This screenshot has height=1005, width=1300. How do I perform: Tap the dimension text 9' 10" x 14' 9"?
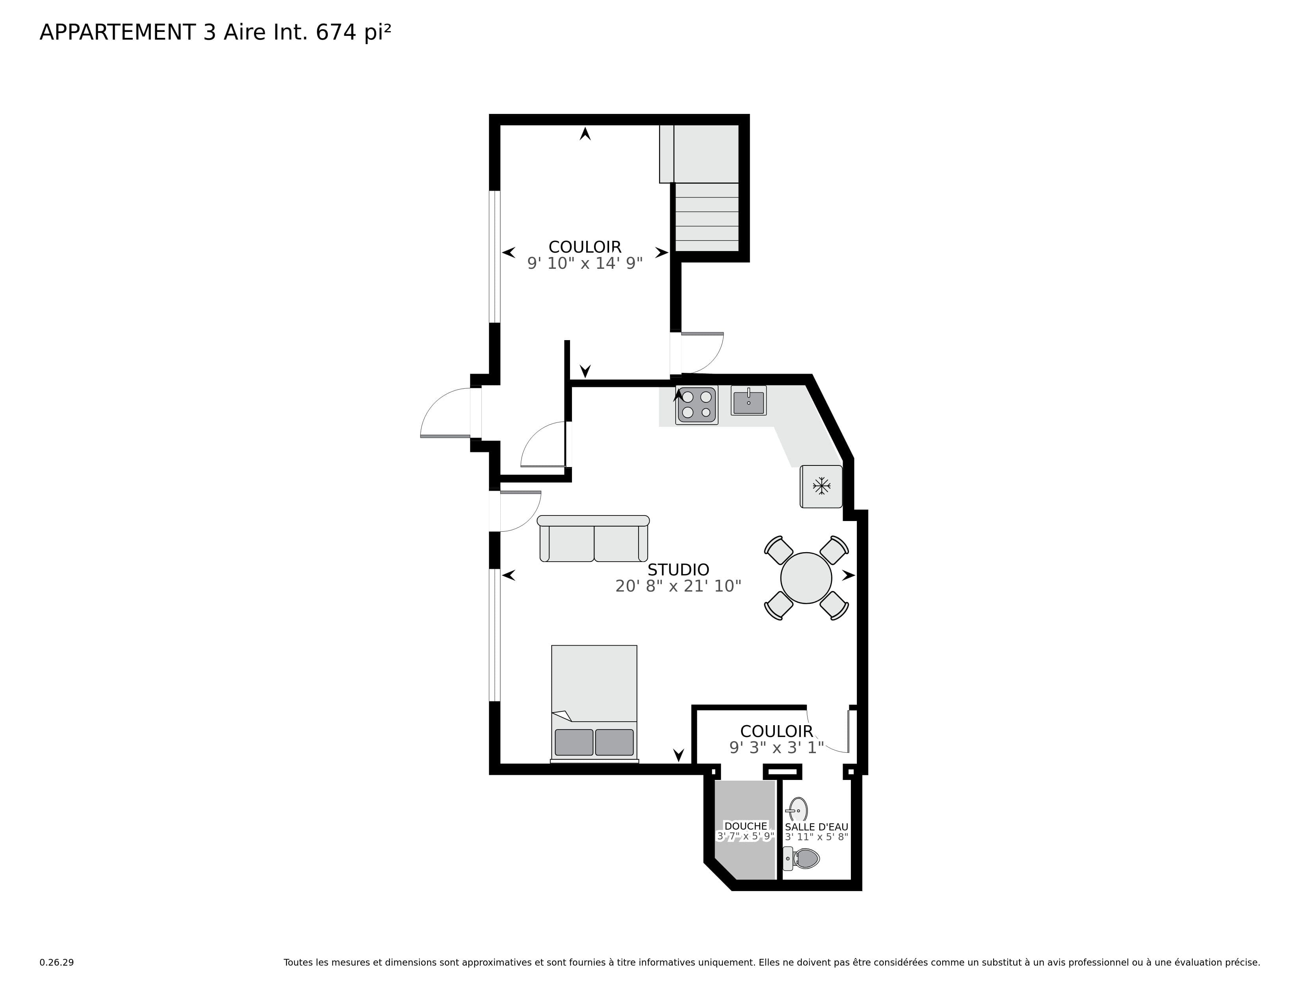[x=585, y=263]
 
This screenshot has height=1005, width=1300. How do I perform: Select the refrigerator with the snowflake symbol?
[x=821, y=486]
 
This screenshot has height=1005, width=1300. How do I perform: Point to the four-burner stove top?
[x=696, y=405]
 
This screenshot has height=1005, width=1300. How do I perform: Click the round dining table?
[x=806, y=578]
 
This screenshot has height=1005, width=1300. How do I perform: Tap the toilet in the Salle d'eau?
[x=804, y=858]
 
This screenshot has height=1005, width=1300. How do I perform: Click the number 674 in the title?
[x=336, y=33]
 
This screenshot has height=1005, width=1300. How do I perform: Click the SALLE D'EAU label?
[x=816, y=827]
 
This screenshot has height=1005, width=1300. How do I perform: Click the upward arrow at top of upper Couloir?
[x=585, y=134]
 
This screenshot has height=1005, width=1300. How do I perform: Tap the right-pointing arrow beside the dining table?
[x=848, y=575]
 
